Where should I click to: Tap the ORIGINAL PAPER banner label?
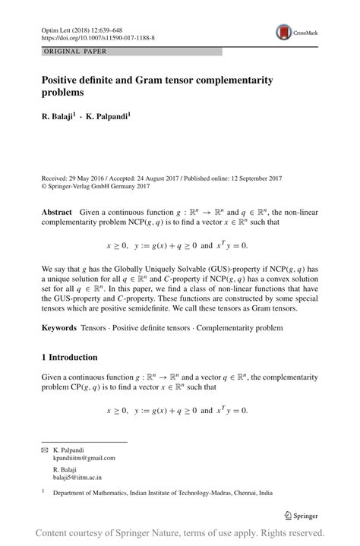(75, 52)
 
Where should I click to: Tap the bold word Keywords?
(58, 328)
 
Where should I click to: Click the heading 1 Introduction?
(69, 357)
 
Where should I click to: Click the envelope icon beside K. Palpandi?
(44, 450)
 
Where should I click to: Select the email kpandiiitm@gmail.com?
(84, 458)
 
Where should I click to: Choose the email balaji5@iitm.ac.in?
(77, 478)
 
